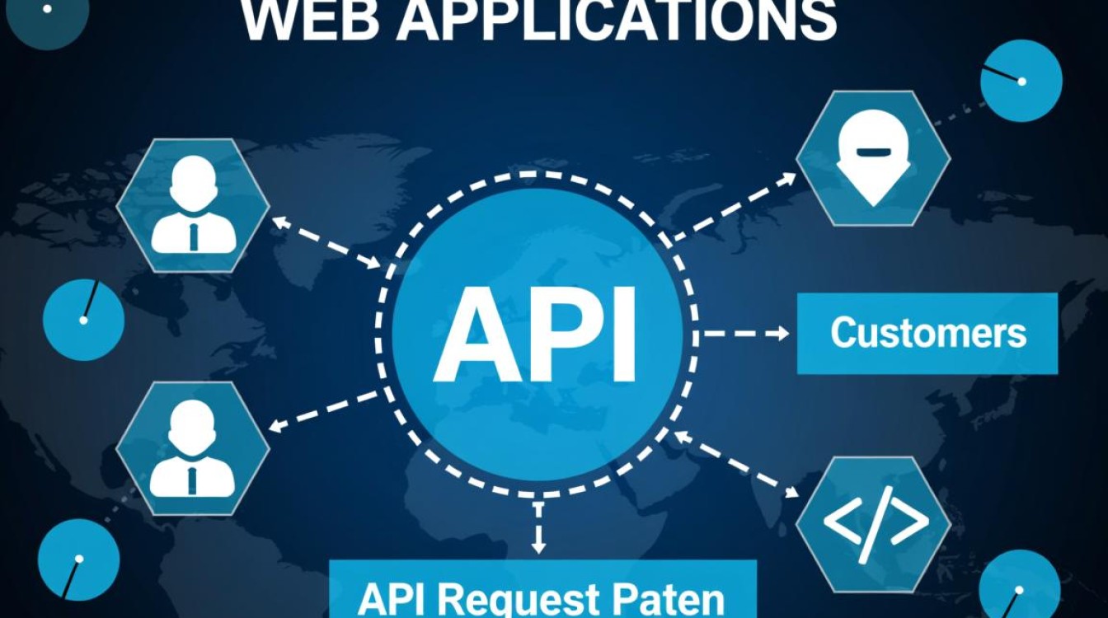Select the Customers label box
tap(927, 333)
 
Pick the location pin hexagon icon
tap(873, 158)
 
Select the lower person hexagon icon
tap(193, 449)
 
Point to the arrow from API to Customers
tap(745, 334)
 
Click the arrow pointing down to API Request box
tap(538, 527)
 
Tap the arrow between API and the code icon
tap(736, 464)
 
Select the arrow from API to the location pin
tap(735, 206)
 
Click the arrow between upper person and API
tap(326, 241)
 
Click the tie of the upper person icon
tap(193, 236)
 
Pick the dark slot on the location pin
tap(873, 151)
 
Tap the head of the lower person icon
tap(193, 424)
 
